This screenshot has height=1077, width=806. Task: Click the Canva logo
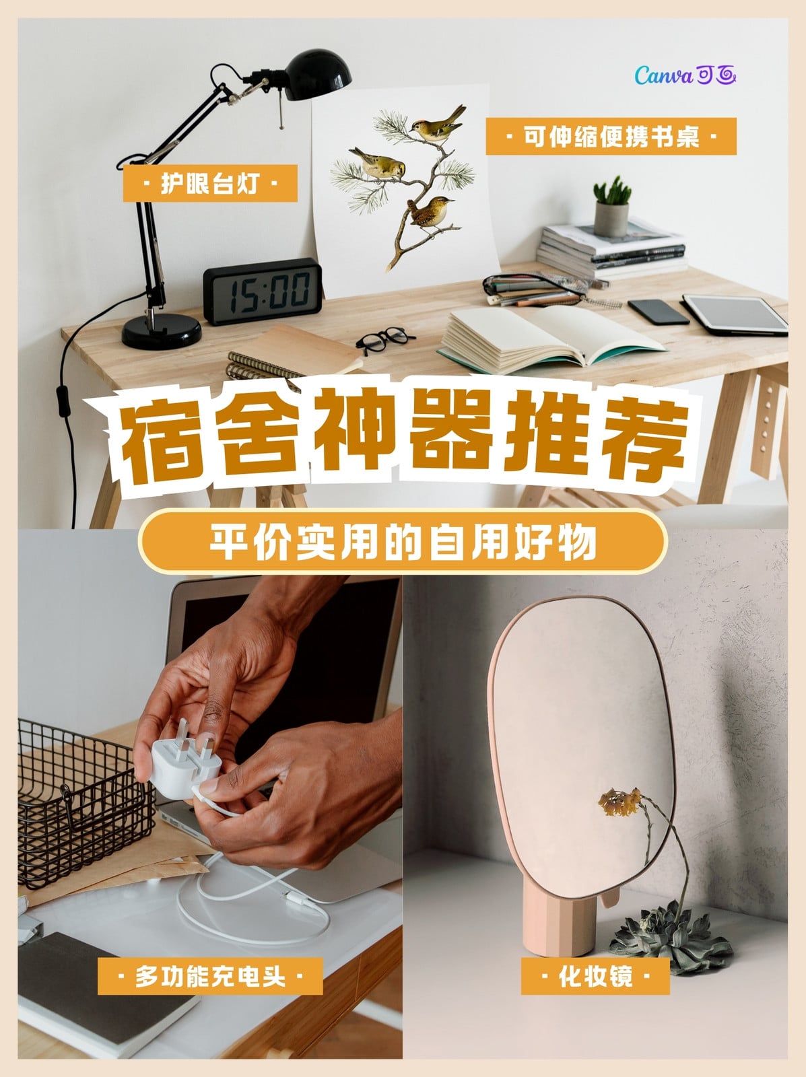(685, 75)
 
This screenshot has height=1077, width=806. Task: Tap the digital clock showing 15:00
(263, 291)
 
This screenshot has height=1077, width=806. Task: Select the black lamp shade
(317, 74)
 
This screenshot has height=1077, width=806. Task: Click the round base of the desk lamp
(162, 331)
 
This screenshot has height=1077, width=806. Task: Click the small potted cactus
(611, 206)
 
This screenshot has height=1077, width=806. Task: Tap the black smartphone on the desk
(659, 312)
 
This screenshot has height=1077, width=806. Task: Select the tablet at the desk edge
(735, 315)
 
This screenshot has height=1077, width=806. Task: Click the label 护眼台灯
(210, 184)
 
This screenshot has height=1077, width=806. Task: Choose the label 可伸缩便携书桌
(611, 137)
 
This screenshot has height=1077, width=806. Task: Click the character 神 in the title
(353, 431)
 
